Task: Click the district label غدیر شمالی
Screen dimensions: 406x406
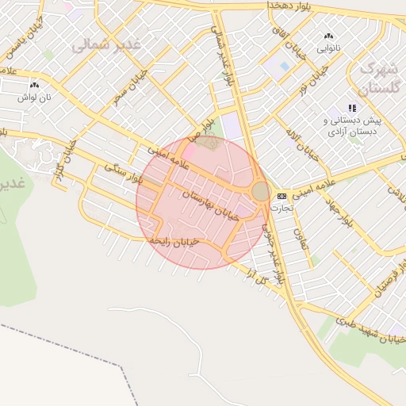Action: (106, 45)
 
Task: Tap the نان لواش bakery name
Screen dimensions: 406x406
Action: (35, 96)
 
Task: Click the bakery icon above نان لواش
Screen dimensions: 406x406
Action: (34, 85)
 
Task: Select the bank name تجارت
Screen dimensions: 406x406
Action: (282, 207)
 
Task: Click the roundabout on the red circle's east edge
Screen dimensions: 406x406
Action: (261, 192)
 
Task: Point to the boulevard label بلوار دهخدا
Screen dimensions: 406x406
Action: (270, 5)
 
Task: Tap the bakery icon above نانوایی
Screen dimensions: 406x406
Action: (328, 36)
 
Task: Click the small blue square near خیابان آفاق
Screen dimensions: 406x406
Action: (280, 67)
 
